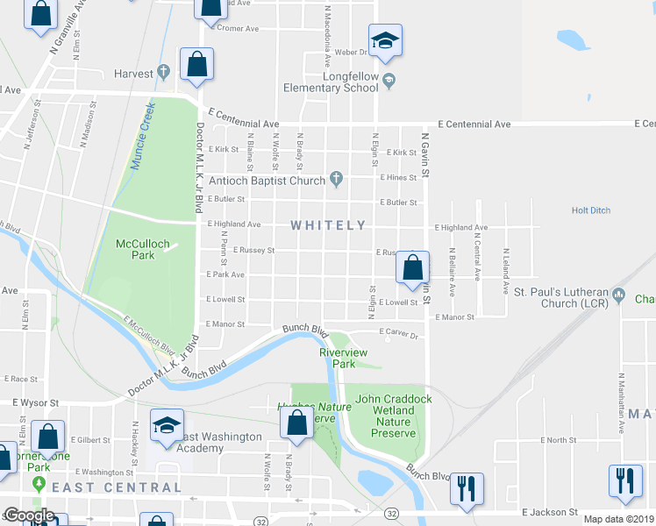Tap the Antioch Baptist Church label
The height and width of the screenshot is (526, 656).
pyautogui.click(x=267, y=181)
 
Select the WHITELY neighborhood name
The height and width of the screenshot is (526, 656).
pyautogui.click(x=328, y=225)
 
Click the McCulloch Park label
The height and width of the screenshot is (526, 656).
pyautogui.click(x=135, y=249)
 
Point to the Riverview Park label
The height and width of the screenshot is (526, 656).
pyautogui.click(x=337, y=358)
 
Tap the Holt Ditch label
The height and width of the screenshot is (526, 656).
pyautogui.click(x=590, y=210)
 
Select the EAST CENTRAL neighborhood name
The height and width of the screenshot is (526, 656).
pyautogui.click(x=116, y=487)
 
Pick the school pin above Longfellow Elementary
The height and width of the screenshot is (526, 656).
pyautogui.click(x=384, y=40)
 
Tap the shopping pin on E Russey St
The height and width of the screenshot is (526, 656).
pyautogui.click(x=412, y=267)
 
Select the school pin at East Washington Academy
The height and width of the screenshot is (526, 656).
pyautogui.click(x=167, y=427)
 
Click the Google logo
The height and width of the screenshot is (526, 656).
pyautogui.click(x=29, y=515)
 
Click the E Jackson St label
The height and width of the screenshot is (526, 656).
pyautogui.click(x=549, y=511)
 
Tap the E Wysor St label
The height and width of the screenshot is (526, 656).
pyautogui.click(x=35, y=403)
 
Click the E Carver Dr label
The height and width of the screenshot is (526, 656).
pyautogui.click(x=400, y=334)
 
